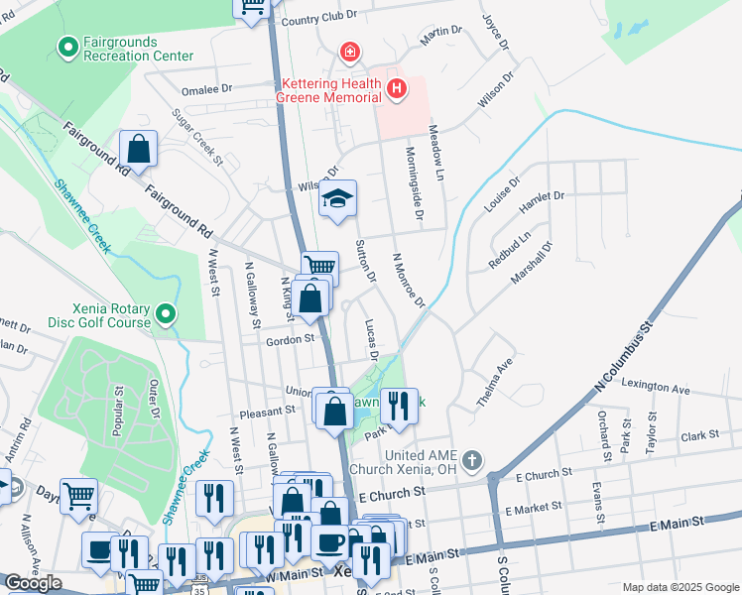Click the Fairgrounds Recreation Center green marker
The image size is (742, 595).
pyautogui.click(x=68, y=46)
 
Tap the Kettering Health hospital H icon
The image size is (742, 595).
pyautogui.click(x=397, y=90)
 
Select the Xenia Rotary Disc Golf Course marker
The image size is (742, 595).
pyautogui.click(x=167, y=315)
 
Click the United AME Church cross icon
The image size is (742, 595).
pyautogui.click(x=471, y=460)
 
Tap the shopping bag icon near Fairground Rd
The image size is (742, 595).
pyautogui.click(x=139, y=150)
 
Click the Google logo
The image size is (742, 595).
pyautogui.click(x=33, y=583)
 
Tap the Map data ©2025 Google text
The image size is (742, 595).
pyautogui.click(x=680, y=587)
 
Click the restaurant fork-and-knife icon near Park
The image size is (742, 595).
pyautogui.click(x=399, y=406)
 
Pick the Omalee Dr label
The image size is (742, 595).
pyautogui.click(x=206, y=88)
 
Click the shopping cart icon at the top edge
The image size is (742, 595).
pyautogui.click(x=252, y=5)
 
